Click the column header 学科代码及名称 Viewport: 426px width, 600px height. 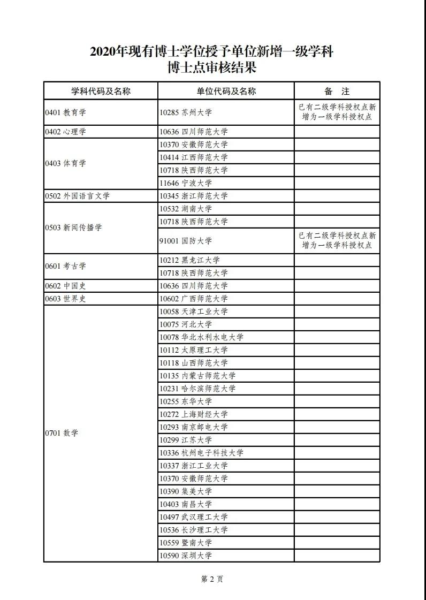tap(101, 91)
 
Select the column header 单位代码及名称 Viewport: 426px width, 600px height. tap(226, 91)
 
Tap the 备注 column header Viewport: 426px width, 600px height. tap(337, 91)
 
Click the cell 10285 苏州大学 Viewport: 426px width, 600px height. tap(186, 112)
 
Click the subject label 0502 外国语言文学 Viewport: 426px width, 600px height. tap(78, 196)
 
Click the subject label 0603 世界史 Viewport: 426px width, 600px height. tap(66, 299)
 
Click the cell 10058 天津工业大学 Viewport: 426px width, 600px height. tap(193, 312)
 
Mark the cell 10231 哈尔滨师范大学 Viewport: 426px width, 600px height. tap(197, 389)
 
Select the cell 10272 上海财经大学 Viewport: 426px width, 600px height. tap(193, 414)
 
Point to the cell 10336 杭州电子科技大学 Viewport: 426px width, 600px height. tap(201, 453)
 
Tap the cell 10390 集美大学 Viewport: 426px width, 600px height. tap(186, 491)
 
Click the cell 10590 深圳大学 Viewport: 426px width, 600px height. tap(186, 556)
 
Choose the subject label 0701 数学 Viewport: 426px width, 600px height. tap(62, 433)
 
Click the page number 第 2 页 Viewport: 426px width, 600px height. tap(212, 579)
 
